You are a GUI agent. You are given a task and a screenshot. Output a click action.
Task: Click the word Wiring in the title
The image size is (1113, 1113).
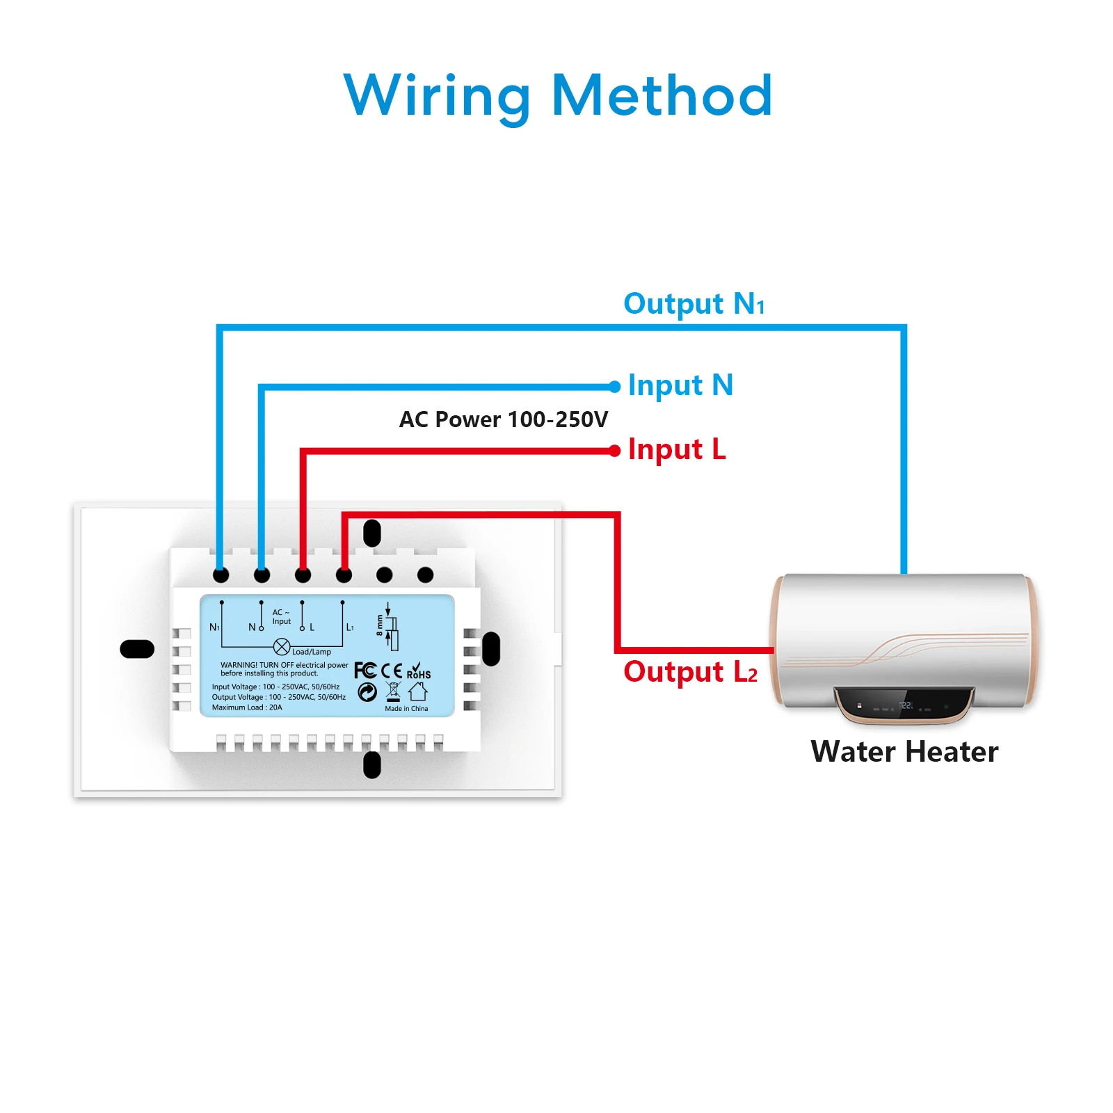click(x=437, y=96)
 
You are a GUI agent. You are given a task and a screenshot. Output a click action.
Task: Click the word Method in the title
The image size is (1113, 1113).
click(x=662, y=96)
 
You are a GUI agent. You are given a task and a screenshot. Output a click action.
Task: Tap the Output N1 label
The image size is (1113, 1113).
click(x=694, y=304)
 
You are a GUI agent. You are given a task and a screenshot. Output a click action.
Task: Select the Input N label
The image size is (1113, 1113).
click(x=680, y=385)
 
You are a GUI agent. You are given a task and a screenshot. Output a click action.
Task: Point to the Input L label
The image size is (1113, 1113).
click(x=677, y=449)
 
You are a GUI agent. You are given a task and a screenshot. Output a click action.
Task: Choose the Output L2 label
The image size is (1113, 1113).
click(x=690, y=672)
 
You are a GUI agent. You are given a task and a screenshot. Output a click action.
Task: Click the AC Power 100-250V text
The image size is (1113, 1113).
click(x=504, y=419)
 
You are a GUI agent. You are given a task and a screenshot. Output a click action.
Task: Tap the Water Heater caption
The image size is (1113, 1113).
click(x=904, y=752)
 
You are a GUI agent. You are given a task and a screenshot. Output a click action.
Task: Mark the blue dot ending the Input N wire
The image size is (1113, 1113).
click(x=614, y=387)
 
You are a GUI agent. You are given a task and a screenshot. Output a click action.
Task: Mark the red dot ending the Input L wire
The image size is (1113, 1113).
click(x=614, y=451)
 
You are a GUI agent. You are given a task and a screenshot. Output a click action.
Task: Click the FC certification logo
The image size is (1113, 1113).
click(x=365, y=671)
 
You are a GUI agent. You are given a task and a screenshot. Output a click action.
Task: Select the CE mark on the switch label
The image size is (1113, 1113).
click(x=392, y=671)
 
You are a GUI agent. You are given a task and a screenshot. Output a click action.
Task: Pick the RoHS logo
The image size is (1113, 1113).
click(x=418, y=671)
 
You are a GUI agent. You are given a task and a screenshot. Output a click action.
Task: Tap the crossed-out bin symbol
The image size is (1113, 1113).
click(x=393, y=691)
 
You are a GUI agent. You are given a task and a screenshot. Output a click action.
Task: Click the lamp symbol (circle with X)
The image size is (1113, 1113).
click(x=282, y=647)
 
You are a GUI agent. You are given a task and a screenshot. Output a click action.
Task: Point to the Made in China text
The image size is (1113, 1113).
click(x=406, y=709)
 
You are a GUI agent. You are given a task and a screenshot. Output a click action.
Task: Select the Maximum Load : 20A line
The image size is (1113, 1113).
click(x=247, y=707)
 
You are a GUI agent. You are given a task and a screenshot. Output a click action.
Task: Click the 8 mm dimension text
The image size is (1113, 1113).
click(x=380, y=625)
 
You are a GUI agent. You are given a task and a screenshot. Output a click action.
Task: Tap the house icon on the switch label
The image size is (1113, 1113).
click(x=418, y=691)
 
